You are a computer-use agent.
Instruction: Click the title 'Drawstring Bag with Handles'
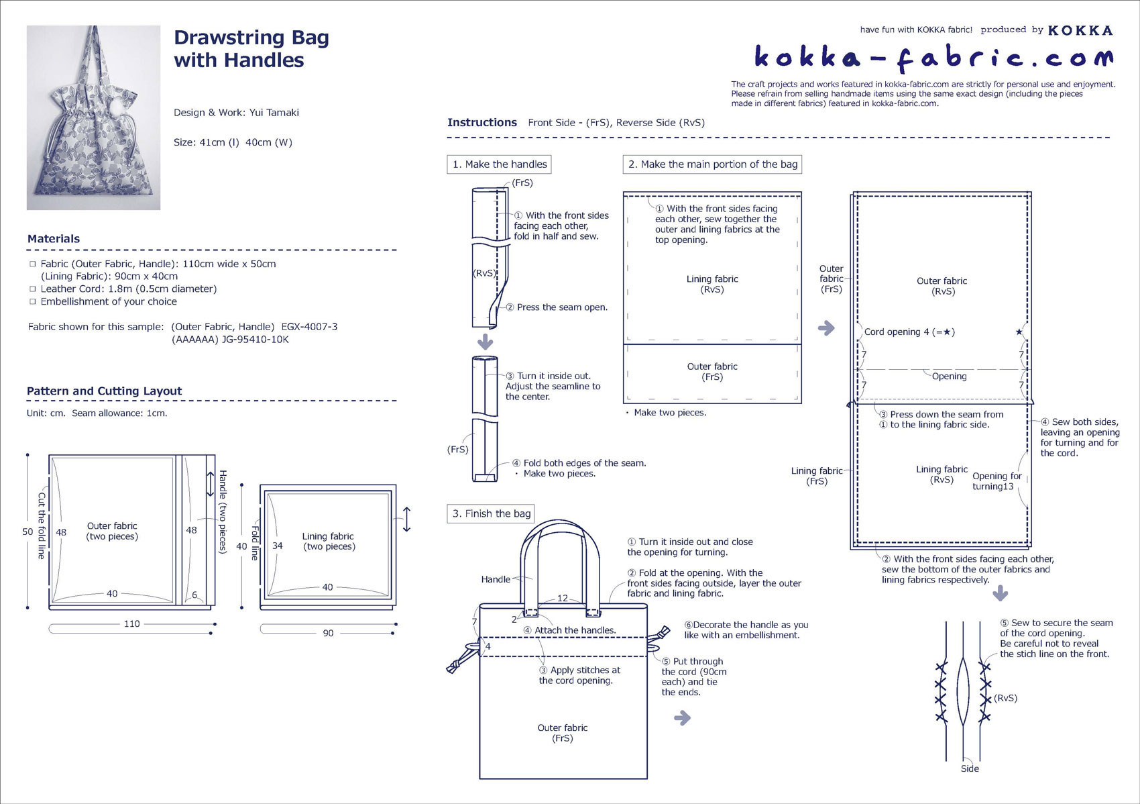[251, 49]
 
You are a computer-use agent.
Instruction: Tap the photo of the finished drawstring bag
[93, 117]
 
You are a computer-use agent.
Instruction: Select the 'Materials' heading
[54, 239]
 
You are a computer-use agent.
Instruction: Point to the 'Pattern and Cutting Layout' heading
[104, 391]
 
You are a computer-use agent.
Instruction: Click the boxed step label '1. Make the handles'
[499, 164]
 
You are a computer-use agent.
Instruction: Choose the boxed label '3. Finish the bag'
[491, 514]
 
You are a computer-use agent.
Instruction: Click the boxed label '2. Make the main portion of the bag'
[712, 164]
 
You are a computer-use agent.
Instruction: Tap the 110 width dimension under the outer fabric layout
[131, 624]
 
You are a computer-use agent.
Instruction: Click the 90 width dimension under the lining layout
[328, 633]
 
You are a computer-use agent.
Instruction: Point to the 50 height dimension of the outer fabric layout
[27, 532]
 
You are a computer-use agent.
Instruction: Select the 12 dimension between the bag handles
[562, 598]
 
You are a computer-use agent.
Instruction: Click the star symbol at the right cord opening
[1019, 332]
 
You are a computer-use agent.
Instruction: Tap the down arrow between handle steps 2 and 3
[485, 342]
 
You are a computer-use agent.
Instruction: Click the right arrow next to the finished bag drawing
[682, 718]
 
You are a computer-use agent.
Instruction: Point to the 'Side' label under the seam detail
[970, 769]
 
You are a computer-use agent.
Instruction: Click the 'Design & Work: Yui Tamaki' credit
[236, 113]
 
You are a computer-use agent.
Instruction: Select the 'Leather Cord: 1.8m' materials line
[128, 289]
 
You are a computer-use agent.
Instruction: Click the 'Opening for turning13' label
[996, 481]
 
